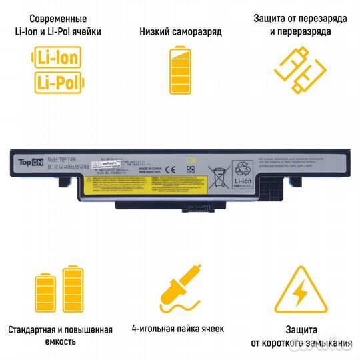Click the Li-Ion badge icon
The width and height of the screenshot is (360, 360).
[57, 58]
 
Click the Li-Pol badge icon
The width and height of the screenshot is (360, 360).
[57, 81]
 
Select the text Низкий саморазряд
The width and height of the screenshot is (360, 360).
[181, 31]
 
